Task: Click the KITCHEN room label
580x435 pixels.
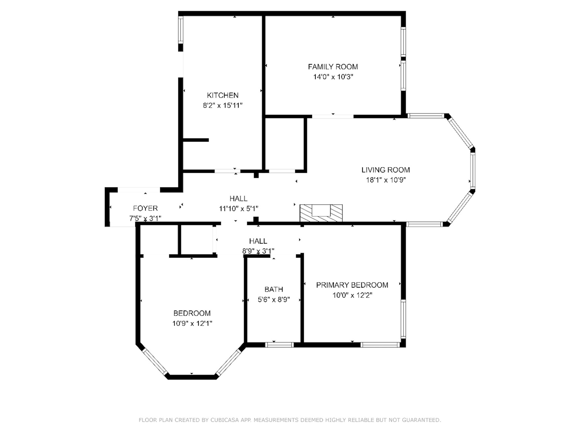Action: pyautogui.click(x=222, y=95)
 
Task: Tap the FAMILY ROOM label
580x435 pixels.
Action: pyautogui.click(x=333, y=67)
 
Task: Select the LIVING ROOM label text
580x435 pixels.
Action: pyautogui.click(x=385, y=170)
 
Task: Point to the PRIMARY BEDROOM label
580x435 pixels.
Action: pyautogui.click(x=352, y=285)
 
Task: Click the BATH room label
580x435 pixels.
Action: pyautogui.click(x=273, y=289)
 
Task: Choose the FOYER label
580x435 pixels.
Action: pyautogui.click(x=145, y=208)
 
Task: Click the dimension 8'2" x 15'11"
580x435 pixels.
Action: pyautogui.click(x=222, y=106)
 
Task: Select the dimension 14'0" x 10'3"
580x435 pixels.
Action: pyautogui.click(x=333, y=77)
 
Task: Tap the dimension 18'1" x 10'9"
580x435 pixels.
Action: pyautogui.click(x=385, y=180)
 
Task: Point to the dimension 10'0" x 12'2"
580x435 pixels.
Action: pyautogui.click(x=352, y=295)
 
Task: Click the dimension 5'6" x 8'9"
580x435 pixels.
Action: pyautogui.click(x=273, y=300)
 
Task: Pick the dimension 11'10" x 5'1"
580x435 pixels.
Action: pyautogui.click(x=238, y=209)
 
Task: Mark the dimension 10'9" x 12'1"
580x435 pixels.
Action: pyautogui.click(x=192, y=323)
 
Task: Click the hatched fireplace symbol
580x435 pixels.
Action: pyautogui.click(x=321, y=213)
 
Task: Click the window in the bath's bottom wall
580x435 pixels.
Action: pyautogui.click(x=280, y=344)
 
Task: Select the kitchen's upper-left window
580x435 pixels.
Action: pyautogui.click(x=181, y=30)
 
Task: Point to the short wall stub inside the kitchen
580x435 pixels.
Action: pyautogui.click(x=196, y=140)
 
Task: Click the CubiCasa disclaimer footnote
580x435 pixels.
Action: pyautogui.click(x=290, y=420)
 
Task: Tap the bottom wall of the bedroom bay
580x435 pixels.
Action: pyautogui.click(x=192, y=377)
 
